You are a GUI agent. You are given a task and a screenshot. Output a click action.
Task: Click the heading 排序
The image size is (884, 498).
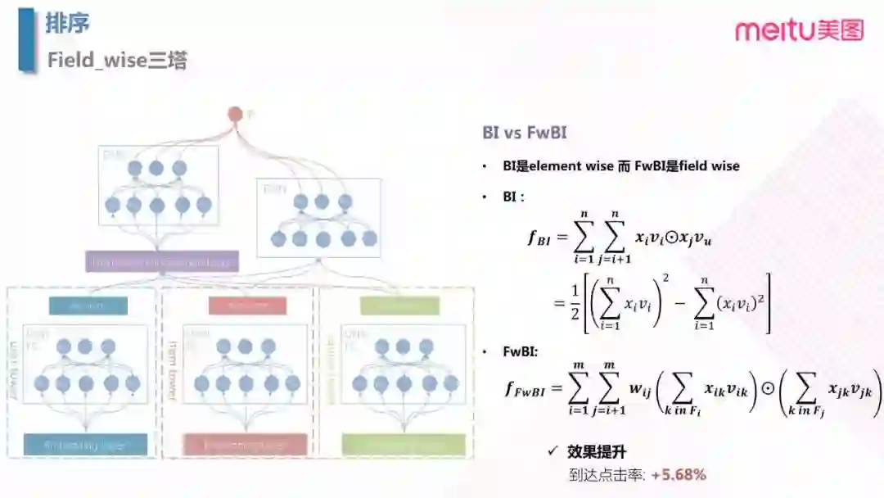click(67, 24)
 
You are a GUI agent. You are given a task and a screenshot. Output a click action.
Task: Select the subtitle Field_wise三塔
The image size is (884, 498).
click(117, 61)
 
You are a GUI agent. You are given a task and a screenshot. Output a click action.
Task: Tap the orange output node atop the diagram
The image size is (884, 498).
click(236, 114)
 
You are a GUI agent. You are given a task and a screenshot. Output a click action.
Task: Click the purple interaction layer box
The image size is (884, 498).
click(162, 262)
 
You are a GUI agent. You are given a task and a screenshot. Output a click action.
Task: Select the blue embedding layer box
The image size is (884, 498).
click(86, 445)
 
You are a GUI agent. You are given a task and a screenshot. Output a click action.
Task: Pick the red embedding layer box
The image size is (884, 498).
click(245, 445)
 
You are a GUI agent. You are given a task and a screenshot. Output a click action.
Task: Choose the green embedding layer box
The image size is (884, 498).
click(403, 445)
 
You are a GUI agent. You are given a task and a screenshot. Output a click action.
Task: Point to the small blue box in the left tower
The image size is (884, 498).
click(88, 306)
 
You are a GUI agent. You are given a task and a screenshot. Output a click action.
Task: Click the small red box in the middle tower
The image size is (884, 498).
click(247, 306)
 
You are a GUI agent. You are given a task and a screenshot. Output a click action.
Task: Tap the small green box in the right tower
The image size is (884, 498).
click(399, 306)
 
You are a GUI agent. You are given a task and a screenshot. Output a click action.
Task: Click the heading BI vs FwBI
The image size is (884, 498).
click(525, 133)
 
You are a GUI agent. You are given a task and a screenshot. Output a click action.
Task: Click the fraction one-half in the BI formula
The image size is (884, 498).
click(575, 302)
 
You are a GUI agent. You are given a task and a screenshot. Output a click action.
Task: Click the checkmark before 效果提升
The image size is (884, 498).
click(554, 451)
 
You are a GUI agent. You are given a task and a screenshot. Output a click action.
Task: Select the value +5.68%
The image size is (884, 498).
click(679, 474)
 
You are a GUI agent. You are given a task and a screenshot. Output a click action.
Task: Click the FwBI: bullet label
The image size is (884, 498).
click(521, 351)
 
